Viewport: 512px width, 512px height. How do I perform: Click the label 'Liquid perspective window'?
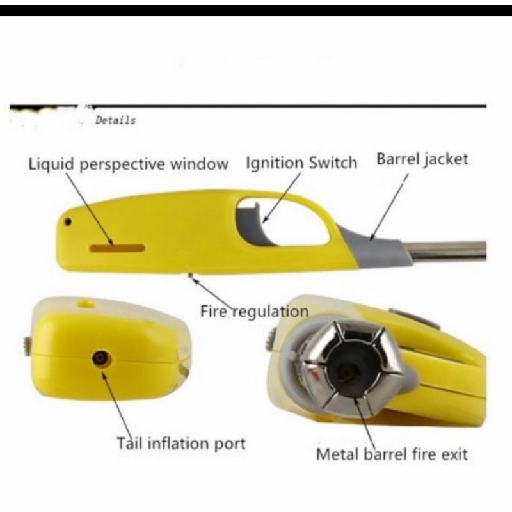pos(129,164)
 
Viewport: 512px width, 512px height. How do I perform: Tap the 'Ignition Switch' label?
pos(301,163)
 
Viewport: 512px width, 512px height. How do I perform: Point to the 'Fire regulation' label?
pos(254,312)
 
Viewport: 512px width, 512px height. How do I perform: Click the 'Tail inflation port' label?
pos(181,443)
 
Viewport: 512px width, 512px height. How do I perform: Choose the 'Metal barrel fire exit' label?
pos(392,454)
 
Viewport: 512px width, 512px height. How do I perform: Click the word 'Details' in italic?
pos(115,120)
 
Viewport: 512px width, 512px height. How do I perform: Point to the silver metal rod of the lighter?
pos(448,250)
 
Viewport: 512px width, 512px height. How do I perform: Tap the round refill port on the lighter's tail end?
pos(100,358)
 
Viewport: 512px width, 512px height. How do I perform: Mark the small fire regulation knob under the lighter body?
pos(191,276)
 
